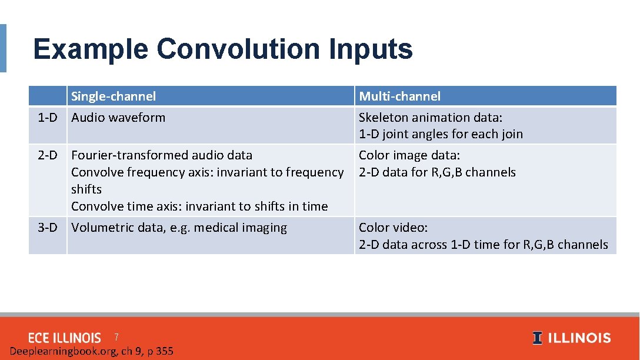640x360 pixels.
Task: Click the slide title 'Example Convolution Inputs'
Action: click(x=223, y=49)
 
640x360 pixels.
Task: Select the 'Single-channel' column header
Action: click(x=114, y=96)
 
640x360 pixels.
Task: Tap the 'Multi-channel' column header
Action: click(x=399, y=96)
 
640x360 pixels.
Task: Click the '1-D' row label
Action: click(x=48, y=118)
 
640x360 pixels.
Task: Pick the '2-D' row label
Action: click(x=48, y=155)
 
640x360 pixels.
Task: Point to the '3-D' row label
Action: click(x=48, y=228)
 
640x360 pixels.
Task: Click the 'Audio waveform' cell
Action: click(x=118, y=118)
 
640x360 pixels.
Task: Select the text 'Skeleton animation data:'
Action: click(x=431, y=118)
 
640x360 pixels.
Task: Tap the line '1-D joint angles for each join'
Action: click(x=441, y=134)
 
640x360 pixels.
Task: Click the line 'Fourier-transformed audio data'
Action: click(x=162, y=155)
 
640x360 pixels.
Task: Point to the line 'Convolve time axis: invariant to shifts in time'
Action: click(x=199, y=206)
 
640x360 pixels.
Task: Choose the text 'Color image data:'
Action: click(x=409, y=155)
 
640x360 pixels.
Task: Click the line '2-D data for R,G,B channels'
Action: click(x=437, y=172)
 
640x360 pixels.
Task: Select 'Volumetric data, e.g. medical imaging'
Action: click(x=179, y=228)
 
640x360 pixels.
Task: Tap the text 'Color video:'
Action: click(x=394, y=228)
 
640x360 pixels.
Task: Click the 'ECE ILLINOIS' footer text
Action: click(x=65, y=338)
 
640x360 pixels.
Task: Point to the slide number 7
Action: click(x=116, y=337)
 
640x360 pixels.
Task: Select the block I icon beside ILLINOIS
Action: click(x=537, y=338)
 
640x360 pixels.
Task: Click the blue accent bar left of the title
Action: click(x=3, y=48)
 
